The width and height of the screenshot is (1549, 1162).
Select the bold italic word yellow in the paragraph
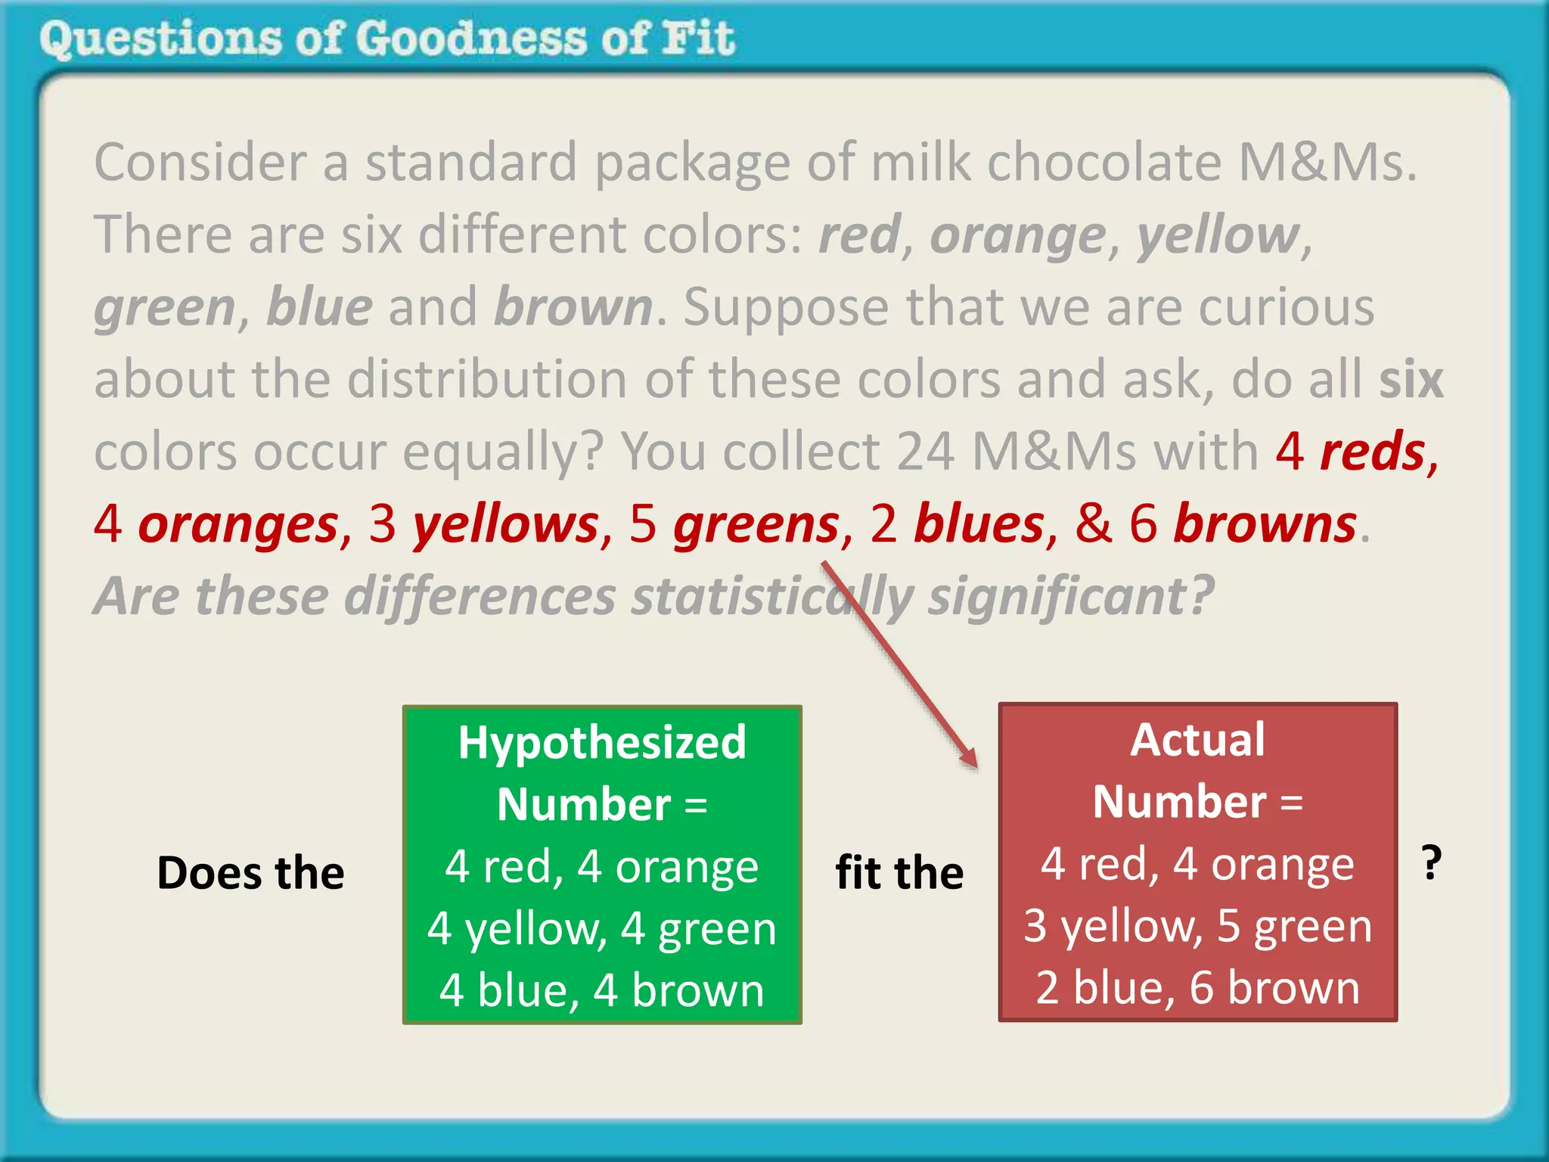click(1218, 235)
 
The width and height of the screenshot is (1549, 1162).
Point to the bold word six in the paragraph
click(1411, 379)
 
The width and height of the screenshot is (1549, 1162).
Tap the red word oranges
click(238, 524)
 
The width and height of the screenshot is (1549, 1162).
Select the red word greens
click(756, 524)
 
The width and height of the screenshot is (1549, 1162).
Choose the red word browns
click(1265, 524)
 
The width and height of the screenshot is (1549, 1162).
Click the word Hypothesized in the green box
click(602, 742)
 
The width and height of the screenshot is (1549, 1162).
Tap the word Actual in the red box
click(1197, 739)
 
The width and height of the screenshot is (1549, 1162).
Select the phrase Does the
click(250, 872)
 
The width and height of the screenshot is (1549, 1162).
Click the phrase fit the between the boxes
click(899, 872)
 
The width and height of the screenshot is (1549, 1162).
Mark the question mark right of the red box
click(1431, 862)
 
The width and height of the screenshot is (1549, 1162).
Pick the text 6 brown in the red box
click(1274, 987)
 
